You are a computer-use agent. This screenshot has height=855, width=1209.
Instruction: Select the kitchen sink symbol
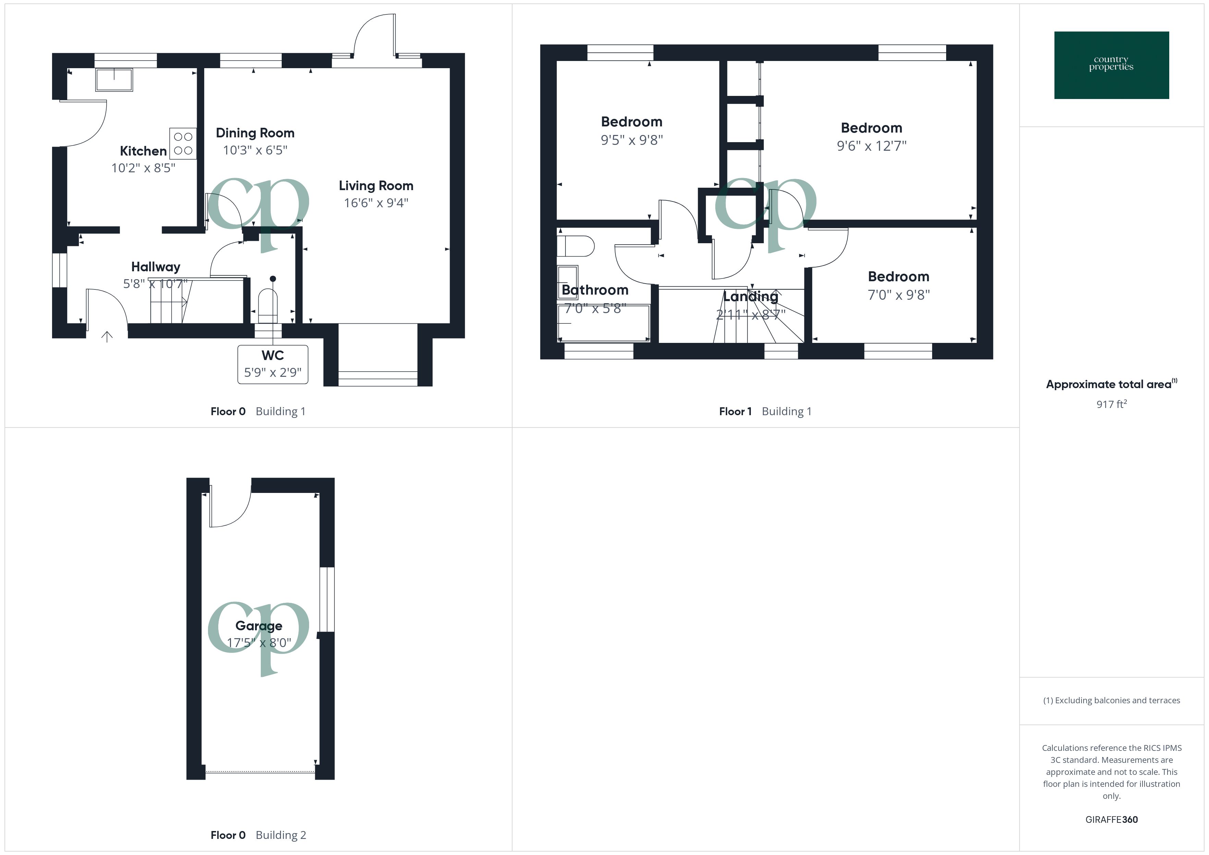[114, 79]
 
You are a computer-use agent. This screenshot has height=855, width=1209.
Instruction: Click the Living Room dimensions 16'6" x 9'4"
[376, 203]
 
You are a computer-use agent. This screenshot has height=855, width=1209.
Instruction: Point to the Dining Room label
[255, 133]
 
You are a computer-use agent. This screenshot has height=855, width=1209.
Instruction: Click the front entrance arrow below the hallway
[107, 336]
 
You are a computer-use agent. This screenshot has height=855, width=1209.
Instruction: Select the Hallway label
[155, 267]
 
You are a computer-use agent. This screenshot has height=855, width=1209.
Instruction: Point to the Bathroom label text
[595, 290]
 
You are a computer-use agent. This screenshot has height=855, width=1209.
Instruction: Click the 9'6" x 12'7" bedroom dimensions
[871, 146]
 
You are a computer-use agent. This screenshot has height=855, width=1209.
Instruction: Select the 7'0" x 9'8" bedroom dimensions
[898, 295]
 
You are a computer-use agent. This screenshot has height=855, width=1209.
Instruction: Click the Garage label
[258, 626]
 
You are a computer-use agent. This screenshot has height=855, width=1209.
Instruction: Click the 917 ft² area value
[1111, 404]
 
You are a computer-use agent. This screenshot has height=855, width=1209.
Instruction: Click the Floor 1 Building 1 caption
[765, 412]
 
